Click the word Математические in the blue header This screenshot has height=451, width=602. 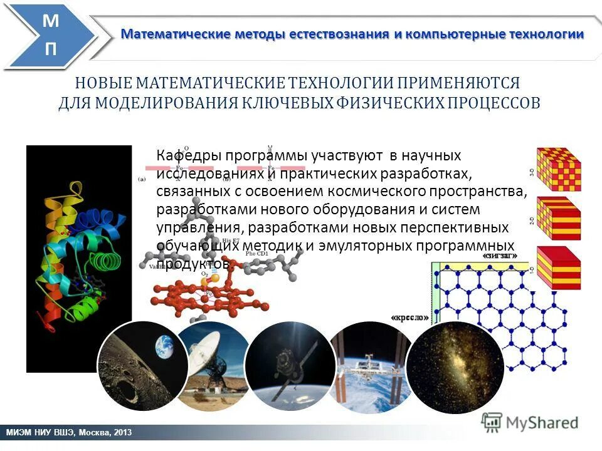[176, 34]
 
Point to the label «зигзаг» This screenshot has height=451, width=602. [500, 256]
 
